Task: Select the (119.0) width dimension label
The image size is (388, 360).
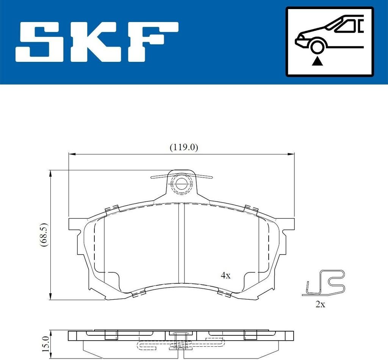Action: (184, 148)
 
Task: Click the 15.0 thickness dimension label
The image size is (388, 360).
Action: (45, 344)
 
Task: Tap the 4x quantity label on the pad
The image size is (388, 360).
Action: (225, 275)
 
